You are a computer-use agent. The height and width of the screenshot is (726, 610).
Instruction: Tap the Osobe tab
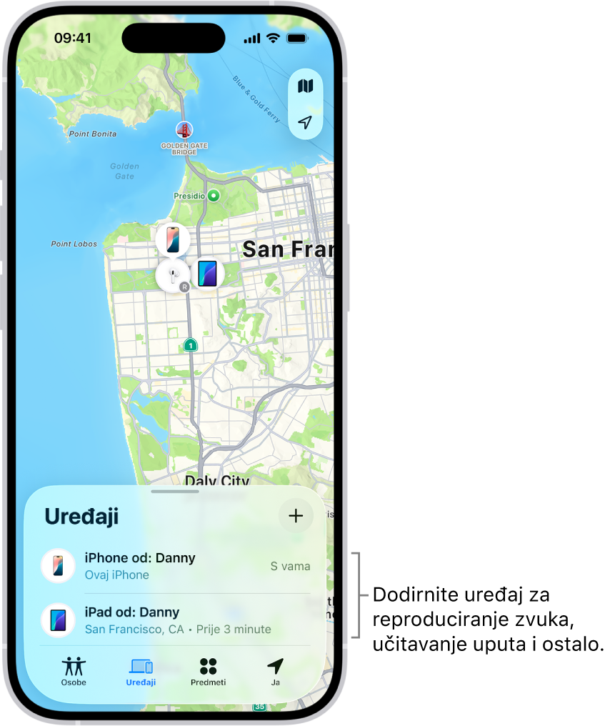click(x=74, y=671)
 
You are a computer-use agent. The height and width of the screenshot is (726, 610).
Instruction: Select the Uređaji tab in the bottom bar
click(x=141, y=671)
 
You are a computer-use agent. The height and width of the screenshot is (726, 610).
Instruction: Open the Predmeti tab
click(x=208, y=671)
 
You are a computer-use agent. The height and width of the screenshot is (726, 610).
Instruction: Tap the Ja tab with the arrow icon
click(x=275, y=671)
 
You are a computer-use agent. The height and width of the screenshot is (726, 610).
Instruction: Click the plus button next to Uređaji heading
click(x=296, y=516)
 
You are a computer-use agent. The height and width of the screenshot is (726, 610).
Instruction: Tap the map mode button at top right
click(x=306, y=86)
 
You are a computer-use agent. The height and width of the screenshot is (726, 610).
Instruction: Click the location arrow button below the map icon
click(x=306, y=122)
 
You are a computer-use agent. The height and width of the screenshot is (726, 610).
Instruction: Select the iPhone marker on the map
click(x=173, y=239)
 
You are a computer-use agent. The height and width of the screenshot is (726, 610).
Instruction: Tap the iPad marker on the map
click(x=207, y=274)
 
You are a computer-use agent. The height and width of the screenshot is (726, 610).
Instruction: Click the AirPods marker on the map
click(x=172, y=275)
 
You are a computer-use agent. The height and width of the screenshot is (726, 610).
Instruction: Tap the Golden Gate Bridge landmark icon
click(x=184, y=131)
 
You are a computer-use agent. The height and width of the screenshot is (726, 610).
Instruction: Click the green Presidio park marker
click(x=213, y=195)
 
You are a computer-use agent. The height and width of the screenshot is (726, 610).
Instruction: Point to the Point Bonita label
click(x=93, y=134)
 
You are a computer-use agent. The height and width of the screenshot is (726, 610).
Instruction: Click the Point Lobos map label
click(x=74, y=244)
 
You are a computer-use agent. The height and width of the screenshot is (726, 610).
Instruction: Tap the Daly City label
click(x=216, y=479)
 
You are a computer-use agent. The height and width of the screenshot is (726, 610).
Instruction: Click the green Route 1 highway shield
click(x=190, y=345)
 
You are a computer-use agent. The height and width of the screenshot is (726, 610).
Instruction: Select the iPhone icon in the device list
click(x=58, y=566)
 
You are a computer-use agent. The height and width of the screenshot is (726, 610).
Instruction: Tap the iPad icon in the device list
click(x=58, y=620)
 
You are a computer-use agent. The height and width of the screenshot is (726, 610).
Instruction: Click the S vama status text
click(x=290, y=567)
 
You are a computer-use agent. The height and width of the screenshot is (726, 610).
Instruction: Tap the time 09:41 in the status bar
click(x=73, y=38)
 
